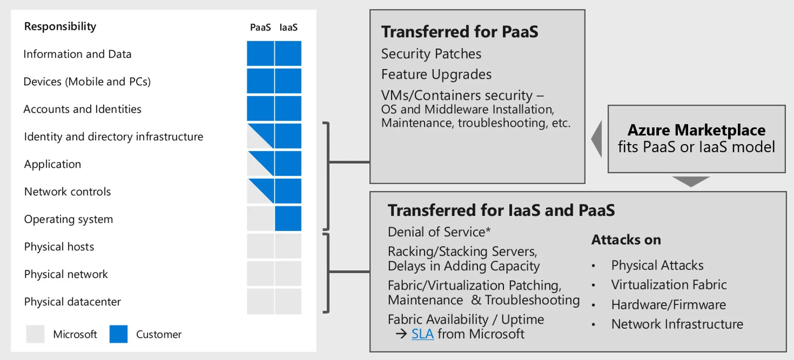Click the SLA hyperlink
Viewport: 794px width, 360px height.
click(422, 334)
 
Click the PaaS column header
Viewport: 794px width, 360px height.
click(260, 27)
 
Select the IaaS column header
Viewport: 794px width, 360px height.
click(288, 27)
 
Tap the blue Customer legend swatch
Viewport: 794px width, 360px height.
click(118, 334)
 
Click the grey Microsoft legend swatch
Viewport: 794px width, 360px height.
click(35, 334)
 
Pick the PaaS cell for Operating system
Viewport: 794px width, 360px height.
click(261, 219)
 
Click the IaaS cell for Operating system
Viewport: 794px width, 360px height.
click(288, 219)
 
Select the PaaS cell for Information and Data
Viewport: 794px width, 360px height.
click(261, 53)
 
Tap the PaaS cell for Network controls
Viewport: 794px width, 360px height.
click(261, 191)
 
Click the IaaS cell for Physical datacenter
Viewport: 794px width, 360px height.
click(288, 301)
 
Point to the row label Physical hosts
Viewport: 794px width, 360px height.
click(59, 247)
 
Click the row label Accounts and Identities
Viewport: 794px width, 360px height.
click(82, 109)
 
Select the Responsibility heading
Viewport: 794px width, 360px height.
click(60, 26)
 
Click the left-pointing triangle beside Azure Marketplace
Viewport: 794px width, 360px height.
click(597, 139)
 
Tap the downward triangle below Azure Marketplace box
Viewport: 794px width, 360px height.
click(691, 181)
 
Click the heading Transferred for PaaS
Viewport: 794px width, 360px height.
click(460, 32)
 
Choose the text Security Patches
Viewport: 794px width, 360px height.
click(431, 54)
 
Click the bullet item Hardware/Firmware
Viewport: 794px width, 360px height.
click(669, 305)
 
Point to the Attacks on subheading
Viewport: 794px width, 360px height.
click(626, 240)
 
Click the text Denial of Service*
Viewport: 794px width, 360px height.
click(439, 232)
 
